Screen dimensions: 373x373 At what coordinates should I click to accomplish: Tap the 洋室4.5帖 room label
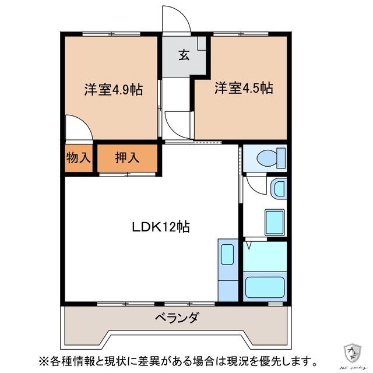coord(244,89)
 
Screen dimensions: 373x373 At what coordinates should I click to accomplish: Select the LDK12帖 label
coord(159,227)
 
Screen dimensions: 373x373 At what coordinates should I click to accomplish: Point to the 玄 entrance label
coord(183,55)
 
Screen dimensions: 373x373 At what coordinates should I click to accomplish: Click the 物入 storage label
coord(79,158)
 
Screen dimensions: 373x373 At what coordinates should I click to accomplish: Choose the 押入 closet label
coord(126,158)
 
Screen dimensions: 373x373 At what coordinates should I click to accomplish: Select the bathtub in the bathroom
coord(265,287)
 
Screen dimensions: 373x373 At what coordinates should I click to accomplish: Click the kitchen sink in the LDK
coord(227,255)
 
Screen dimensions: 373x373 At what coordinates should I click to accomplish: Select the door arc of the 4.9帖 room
coord(78,127)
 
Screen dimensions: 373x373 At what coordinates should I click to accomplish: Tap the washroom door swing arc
coord(255,185)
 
